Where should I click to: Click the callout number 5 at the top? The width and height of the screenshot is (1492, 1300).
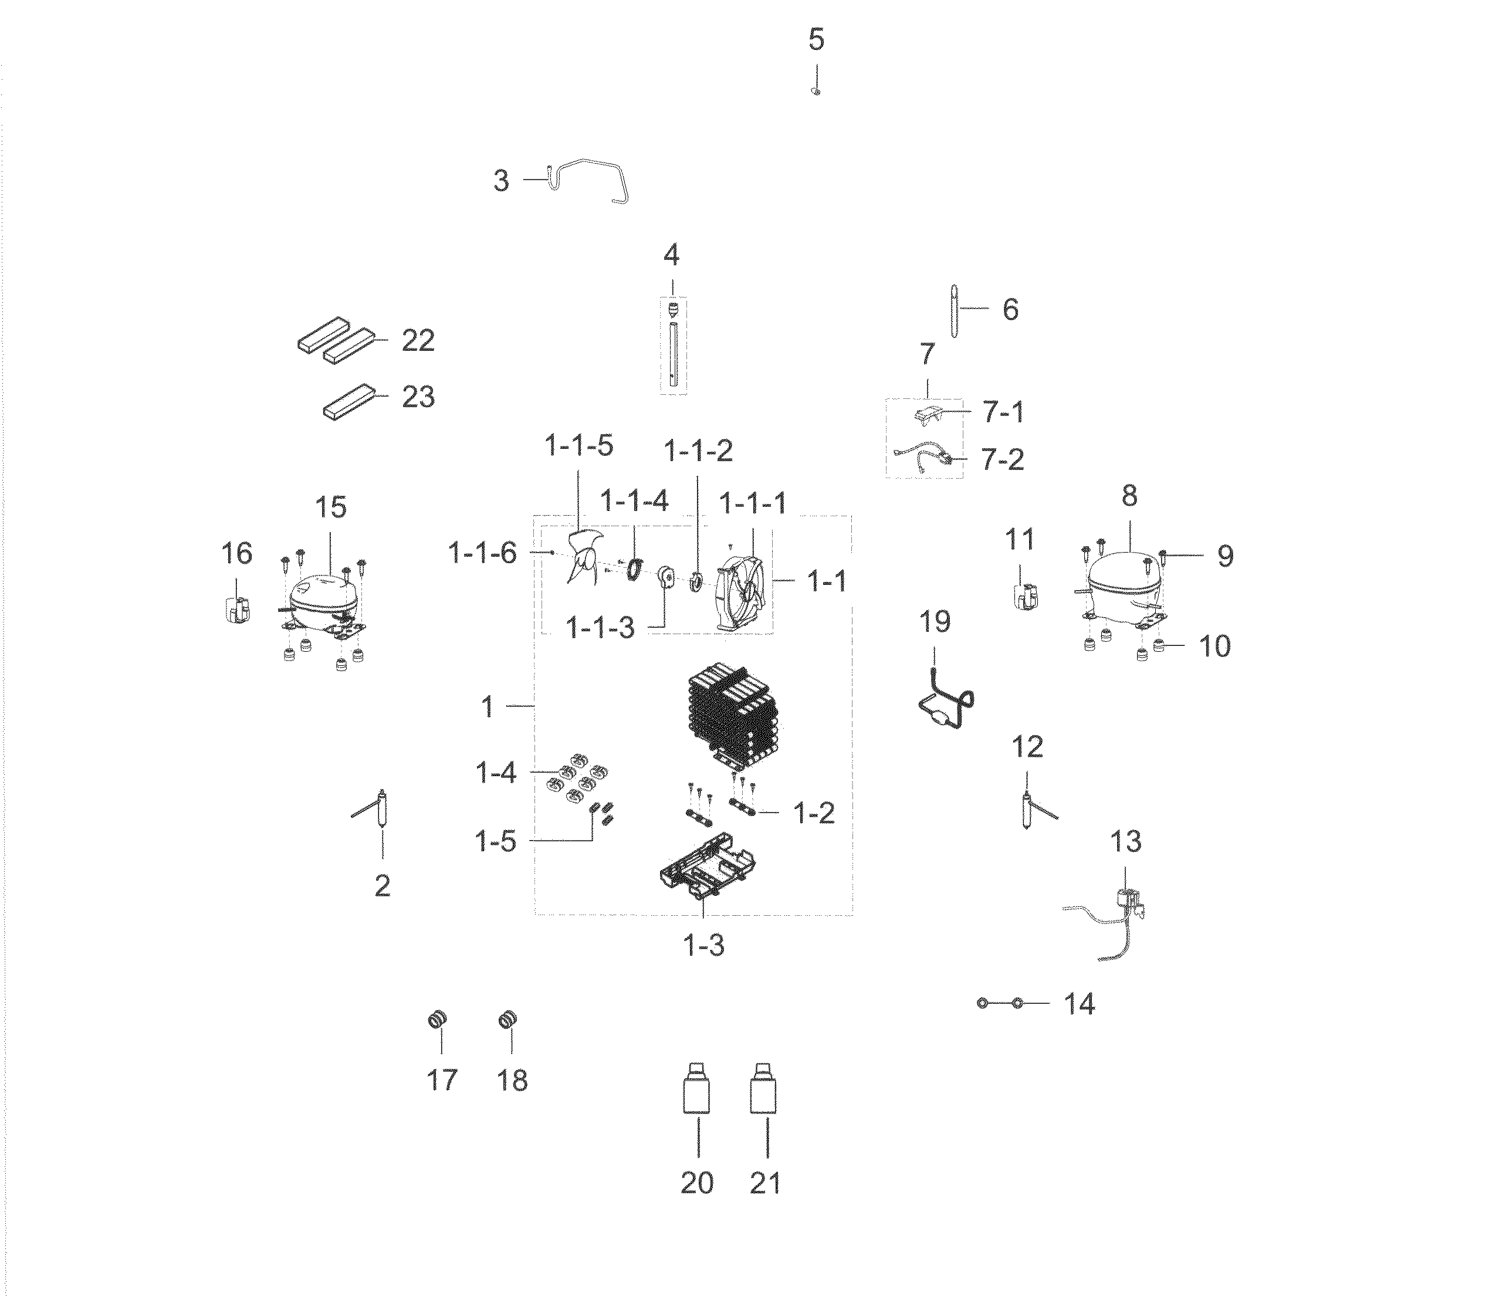tap(817, 39)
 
